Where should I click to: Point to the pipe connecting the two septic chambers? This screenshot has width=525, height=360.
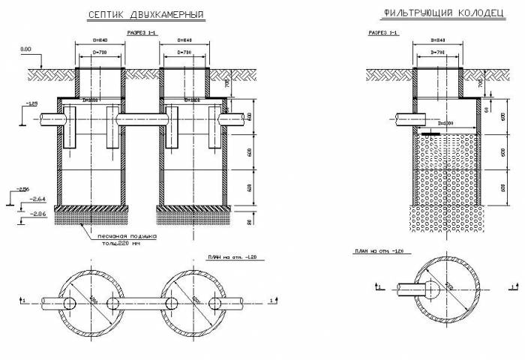coord(142,118)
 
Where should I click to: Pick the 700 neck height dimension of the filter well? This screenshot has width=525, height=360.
coord(480,83)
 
